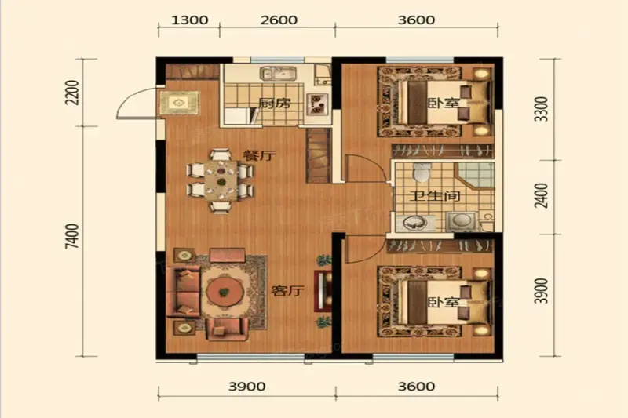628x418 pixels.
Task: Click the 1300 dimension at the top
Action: point(189,20)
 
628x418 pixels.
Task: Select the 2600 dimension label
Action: point(279,20)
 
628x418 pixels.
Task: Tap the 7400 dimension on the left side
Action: point(73,236)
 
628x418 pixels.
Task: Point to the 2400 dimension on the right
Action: point(542,195)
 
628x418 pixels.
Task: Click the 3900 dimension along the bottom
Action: point(247,387)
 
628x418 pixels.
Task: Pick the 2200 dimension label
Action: point(73,93)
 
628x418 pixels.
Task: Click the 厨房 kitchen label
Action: point(274,104)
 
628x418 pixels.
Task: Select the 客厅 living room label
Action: point(287,291)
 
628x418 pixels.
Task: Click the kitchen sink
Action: point(279,75)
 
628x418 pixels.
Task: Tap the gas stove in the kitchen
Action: point(318,104)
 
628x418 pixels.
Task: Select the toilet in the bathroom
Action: point(421,172)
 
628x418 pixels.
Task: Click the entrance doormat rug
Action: point(179,103)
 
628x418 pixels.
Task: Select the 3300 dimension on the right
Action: point(542,109)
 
